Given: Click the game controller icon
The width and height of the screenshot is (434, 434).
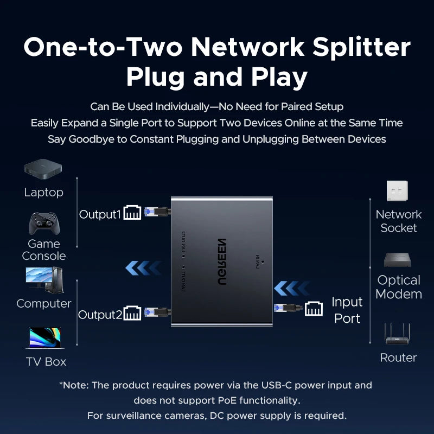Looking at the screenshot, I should tap(43, 223).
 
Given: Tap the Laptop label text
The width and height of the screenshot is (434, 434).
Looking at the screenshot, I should tap(43, 193).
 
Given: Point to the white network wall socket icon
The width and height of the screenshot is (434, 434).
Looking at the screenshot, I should tap(398, 191).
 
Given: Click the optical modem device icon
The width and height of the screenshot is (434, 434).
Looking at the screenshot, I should tap(398, 260).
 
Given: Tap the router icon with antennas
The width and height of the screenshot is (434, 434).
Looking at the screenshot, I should tap(398, 334).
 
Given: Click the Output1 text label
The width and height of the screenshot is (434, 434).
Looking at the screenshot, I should tap(100, 214).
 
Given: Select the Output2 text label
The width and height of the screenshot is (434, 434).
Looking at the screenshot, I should tap(100, 315).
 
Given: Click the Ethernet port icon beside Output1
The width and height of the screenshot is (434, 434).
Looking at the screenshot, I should tap(132, 213).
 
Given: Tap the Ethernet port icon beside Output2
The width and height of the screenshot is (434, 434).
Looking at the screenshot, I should tap(132, 314).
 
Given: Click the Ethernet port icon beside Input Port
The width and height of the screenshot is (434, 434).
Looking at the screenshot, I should tap(314, 308).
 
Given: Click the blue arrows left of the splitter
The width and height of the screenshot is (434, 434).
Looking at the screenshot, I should tap(143, 267).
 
